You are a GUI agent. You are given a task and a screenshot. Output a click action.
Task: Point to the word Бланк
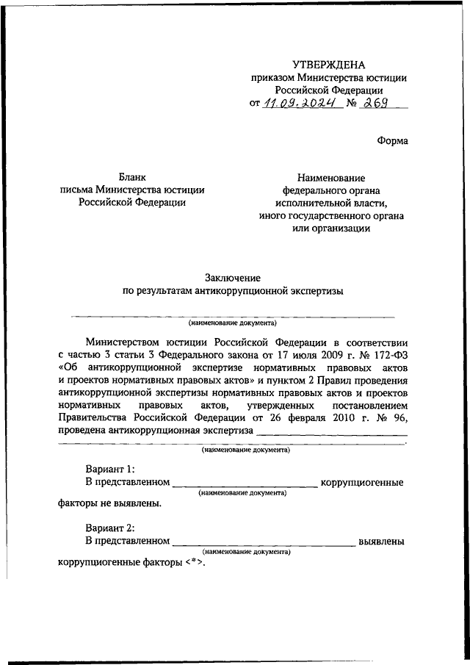tap(133, 176)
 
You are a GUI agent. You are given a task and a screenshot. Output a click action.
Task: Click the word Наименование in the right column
tap(332, 177)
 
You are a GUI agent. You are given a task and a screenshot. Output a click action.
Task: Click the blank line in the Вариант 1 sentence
tap(244, 486)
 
